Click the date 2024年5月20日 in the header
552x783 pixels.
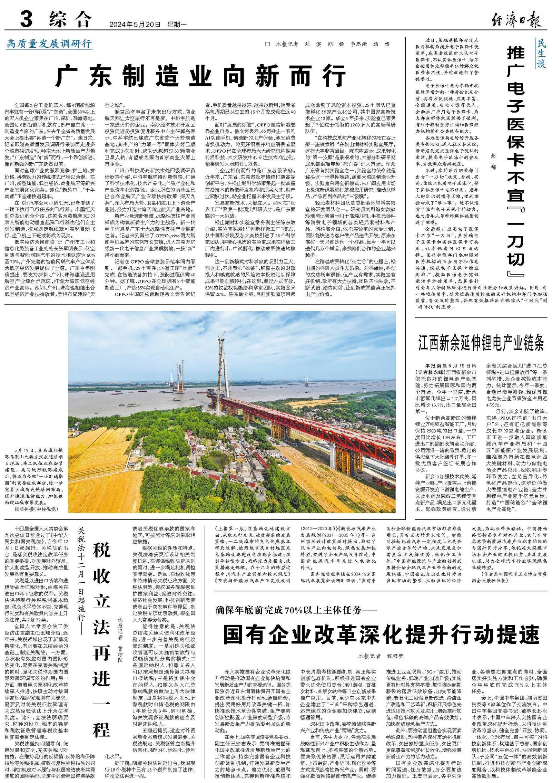(135, 25)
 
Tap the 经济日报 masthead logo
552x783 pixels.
(516, 20)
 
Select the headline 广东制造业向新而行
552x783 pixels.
(200, 76)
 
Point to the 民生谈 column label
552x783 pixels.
(541, 53)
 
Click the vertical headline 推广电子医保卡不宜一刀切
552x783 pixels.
(516, 162)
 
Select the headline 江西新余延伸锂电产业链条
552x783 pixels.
(481, 343)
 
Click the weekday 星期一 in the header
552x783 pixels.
(177, 25)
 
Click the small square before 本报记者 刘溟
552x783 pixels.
(267, 44)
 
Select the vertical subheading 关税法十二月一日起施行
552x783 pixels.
(81, 576)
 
